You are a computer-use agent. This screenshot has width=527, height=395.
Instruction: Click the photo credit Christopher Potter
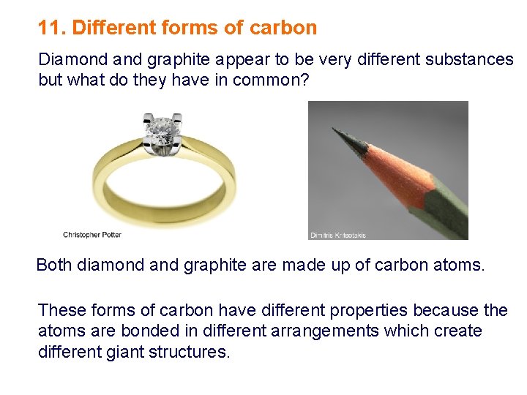click(92, 235)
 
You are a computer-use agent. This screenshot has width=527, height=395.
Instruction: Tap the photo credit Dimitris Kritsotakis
click(338, 236)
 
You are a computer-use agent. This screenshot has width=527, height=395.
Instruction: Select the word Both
click(53, 265)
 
